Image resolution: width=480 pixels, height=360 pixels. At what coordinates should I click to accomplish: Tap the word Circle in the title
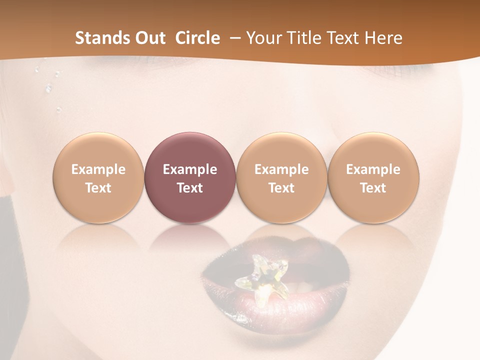pos(197,38)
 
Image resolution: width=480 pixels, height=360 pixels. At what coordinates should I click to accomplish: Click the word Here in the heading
pos(383,38)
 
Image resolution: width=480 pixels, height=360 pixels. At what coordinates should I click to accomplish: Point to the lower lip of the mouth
pos(280,312)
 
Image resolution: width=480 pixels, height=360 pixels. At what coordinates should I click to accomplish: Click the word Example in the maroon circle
pos(190,169)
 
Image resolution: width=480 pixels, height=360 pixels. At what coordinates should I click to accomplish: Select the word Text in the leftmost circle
pos(98,188)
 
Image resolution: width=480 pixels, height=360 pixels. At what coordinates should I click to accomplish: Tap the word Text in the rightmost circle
pos(373,188)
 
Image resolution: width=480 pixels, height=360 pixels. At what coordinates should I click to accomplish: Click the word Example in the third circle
pos(281,169)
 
